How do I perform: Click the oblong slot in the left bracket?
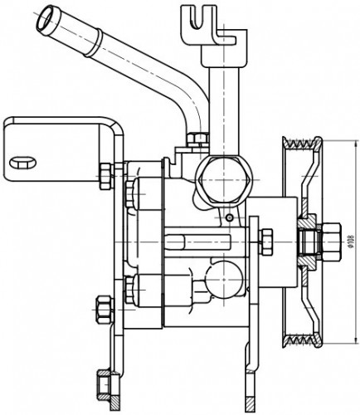22,163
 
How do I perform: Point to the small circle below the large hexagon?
228,218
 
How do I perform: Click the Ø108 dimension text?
351,241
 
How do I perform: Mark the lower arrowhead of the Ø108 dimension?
355,341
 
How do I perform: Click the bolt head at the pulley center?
331,241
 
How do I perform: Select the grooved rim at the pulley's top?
302,144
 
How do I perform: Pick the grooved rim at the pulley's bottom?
302,339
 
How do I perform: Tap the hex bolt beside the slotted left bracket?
106,176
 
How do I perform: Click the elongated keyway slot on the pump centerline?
197,242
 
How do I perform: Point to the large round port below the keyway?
224,279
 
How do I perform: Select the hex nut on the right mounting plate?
267,242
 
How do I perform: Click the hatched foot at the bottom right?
251,404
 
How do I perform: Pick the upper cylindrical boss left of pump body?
147,193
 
